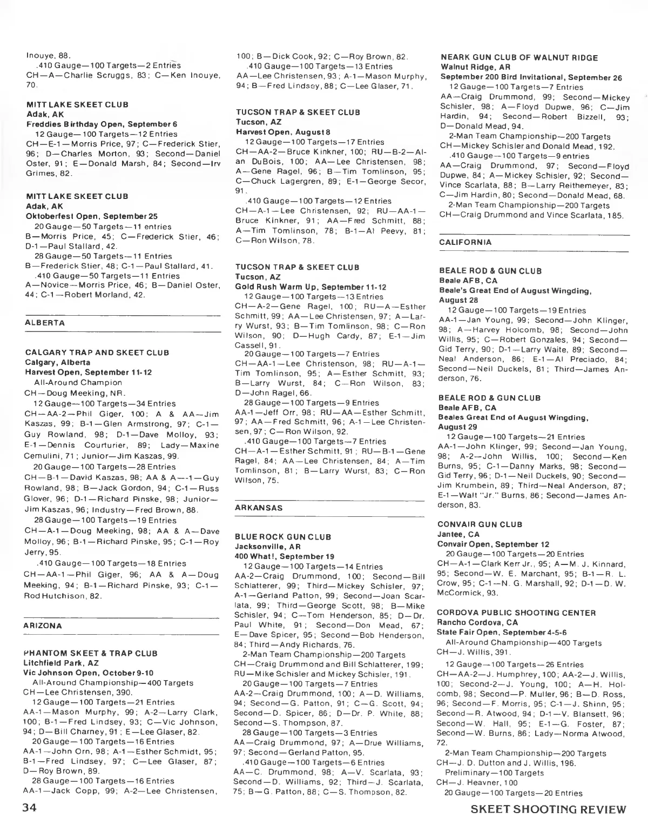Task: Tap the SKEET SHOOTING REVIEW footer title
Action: coord(548,809)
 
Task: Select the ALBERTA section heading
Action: coord(45,323)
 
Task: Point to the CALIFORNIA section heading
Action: coord(465,242)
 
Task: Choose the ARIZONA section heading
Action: coord(43,626)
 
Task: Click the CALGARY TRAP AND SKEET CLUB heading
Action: coord(97,353)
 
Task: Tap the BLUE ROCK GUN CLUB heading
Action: coord(283,537)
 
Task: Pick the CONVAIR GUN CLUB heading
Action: coord(480,524)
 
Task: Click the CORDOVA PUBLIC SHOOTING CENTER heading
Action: coord(517,613)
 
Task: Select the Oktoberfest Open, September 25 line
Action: coord(91,216)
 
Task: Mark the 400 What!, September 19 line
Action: coord(284,557)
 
